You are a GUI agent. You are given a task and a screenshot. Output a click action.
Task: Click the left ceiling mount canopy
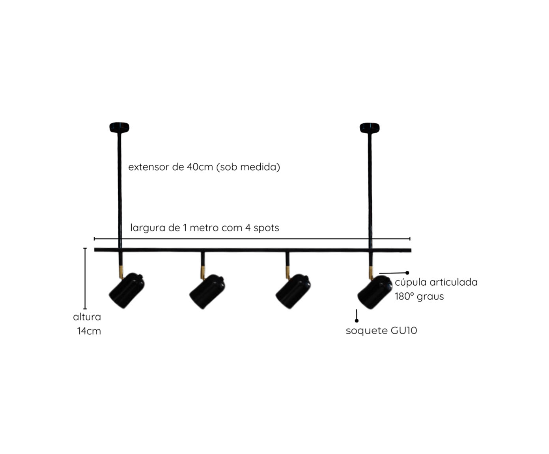[x=119, y=127]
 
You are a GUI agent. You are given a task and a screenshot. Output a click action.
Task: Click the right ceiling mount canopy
[x=370, y=128]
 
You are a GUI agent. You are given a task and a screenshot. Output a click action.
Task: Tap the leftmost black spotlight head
[x=127, y=290]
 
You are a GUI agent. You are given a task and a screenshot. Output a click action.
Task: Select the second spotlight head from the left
[x=207, y=291]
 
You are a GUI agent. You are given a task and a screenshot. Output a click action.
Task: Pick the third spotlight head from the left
[x=293, y=291]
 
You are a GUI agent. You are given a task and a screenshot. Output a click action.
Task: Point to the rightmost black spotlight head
[x=375, y=292]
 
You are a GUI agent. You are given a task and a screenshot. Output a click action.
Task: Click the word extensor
[x=149, y=167]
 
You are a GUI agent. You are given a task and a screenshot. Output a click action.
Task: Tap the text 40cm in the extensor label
[x=200, y=167]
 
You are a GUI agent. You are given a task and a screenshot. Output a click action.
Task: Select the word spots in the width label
[x=266, y=228]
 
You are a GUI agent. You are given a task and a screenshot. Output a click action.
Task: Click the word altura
[x=87, y=317]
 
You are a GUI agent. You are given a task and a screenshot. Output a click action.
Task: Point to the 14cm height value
[x=89, y=331]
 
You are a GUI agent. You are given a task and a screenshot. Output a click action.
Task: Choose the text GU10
[x=404, y=331]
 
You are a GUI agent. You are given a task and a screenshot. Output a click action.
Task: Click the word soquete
[x=367, y=331]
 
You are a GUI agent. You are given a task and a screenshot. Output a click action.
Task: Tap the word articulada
[x=453, y=282]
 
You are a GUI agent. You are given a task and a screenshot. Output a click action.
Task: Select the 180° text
[x=404, y=296]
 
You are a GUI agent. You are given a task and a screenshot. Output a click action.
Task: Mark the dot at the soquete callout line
[x=357, y=321]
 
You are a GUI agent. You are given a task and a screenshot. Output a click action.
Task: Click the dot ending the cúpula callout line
[x=407, y=273]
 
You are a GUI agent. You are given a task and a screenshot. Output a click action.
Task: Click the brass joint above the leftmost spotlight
[x=121, y=272]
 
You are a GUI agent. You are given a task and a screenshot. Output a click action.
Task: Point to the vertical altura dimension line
[x=85, y=279]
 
